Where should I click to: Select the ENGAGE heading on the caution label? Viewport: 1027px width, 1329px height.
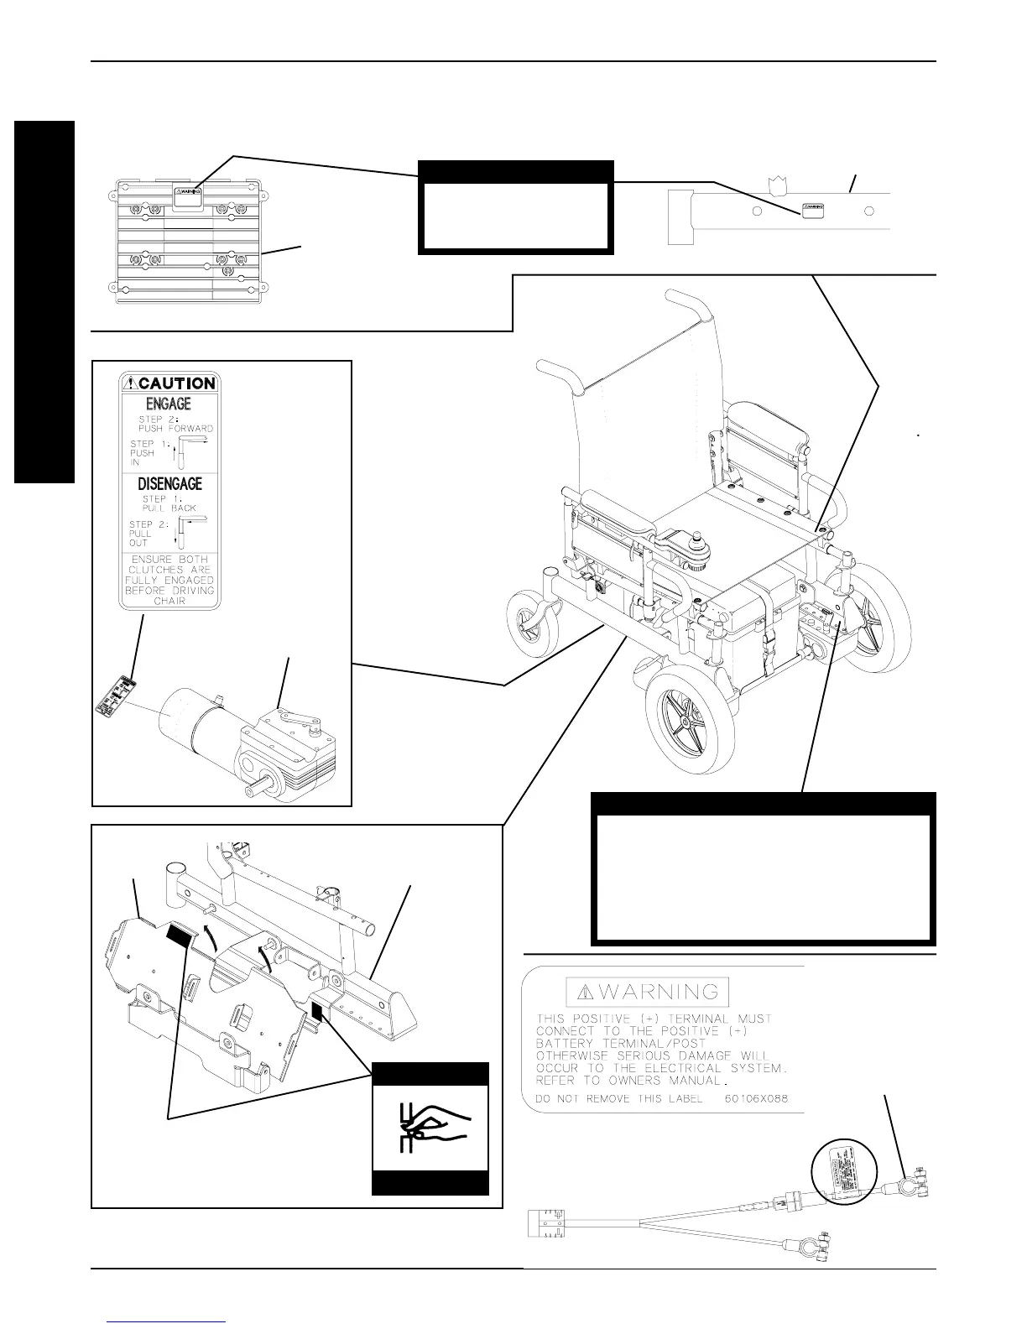point(169,404)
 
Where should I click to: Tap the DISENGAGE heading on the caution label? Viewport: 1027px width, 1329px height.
point(169,484)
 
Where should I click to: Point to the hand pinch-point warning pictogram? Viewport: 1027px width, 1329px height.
point(430,1128)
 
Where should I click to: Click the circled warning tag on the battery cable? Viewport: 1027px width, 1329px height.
point(844,1175)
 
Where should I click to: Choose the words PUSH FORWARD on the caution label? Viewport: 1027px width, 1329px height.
point(176,428)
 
